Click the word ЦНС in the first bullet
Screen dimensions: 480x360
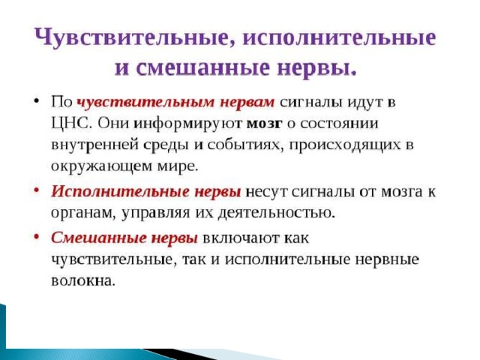71,124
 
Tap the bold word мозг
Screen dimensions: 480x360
264,124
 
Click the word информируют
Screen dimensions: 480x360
189,124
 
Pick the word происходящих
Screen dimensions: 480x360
345,145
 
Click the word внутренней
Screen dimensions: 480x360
95,145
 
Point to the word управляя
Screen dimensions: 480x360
156,213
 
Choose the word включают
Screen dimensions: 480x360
241,238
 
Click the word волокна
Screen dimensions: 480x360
83,280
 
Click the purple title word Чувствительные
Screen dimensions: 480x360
135,37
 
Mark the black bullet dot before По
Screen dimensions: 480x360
37,100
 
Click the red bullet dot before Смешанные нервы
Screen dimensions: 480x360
37,236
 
